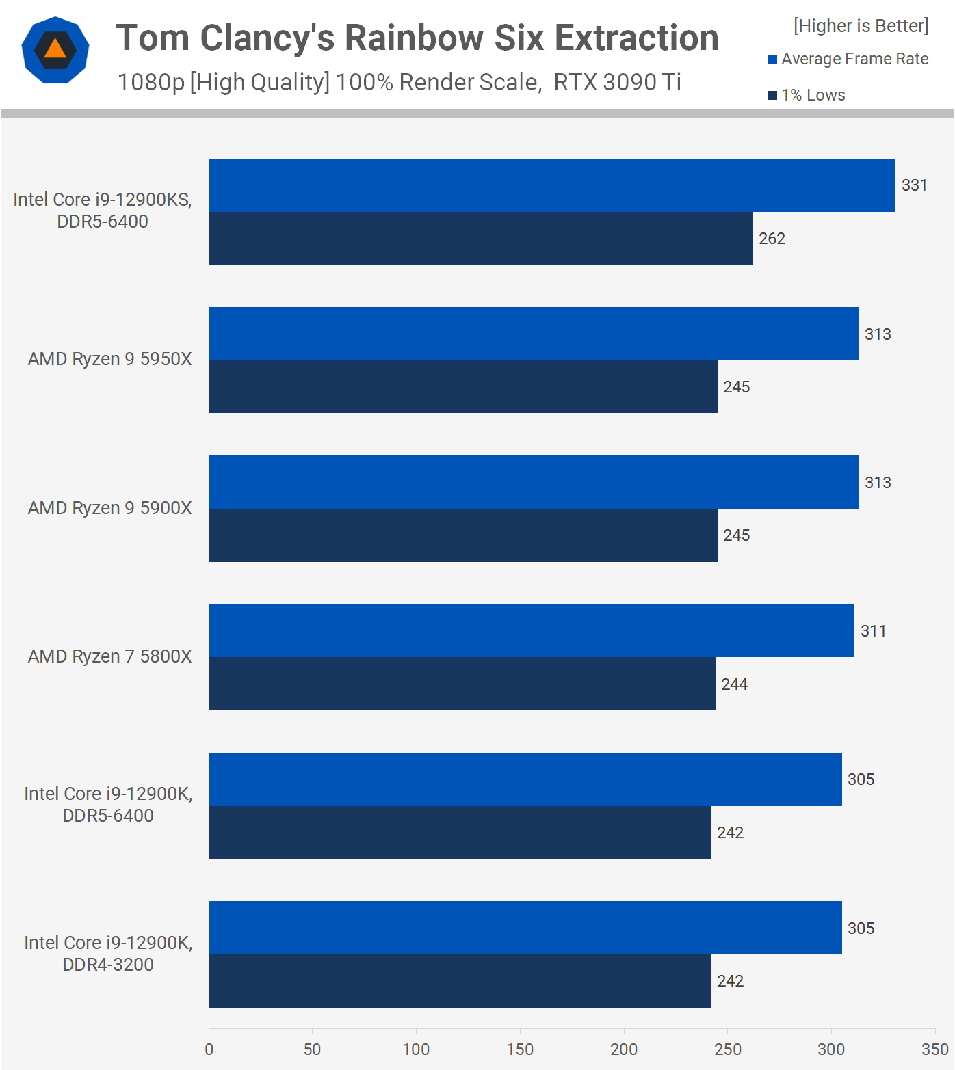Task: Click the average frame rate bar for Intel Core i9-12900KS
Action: pos(552,185)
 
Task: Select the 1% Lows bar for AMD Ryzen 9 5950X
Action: pos(463,387)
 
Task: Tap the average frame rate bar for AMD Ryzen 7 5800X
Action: pos(532,631)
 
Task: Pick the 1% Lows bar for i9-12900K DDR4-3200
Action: pos(460,981)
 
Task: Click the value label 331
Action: pos(914,185)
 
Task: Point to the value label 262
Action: pos(772,239)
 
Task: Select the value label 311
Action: pos(873,631)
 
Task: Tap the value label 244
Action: pos(734,684)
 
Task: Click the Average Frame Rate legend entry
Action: pos(848,59)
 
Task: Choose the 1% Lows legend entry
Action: pos(807,95)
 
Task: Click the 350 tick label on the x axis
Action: pos(934,1049)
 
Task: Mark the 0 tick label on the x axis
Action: pos(209,1049)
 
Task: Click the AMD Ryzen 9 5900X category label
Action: pos(109,508)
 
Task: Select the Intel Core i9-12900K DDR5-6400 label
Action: pos(108,805)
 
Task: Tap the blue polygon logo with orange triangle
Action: pos(55,50)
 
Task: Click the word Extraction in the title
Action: pos(636,38)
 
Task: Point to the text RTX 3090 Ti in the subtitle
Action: pos(617,82)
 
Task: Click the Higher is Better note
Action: pos(861,26)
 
